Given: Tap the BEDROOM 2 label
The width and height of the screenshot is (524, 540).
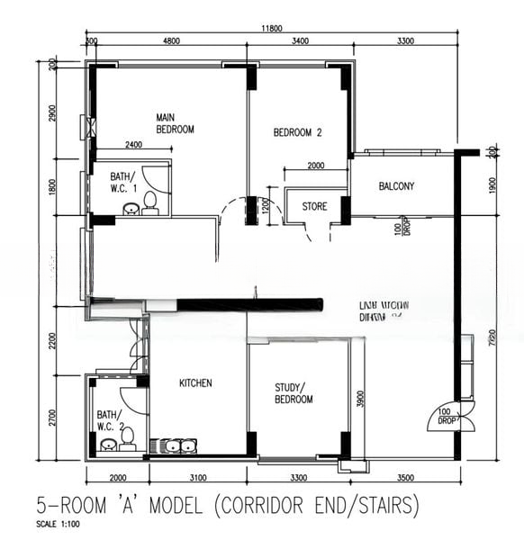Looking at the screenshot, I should [x=297, y=132].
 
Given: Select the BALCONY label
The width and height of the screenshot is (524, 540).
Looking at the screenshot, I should [x=396, y=186].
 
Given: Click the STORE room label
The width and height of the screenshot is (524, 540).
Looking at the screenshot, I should [x=314, y=207].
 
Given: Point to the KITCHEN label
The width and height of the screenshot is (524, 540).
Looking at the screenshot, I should [x=195, y=383].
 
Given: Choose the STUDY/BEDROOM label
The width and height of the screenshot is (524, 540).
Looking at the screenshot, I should [x=294, y=393].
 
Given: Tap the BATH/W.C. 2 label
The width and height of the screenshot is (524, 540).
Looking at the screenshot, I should [x=110, y=420].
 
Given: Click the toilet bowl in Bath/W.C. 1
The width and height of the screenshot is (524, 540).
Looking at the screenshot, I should [x=151, y=202].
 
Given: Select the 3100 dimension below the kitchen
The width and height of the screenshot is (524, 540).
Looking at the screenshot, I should [x=198, y=477].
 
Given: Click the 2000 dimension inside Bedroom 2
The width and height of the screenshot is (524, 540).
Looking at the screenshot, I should [x=316, y=166].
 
